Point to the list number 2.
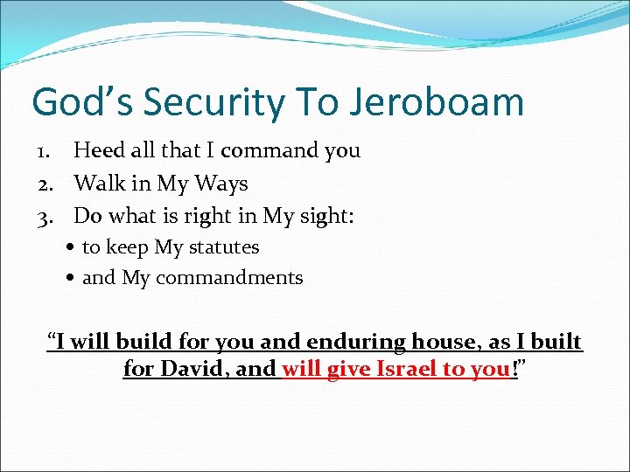[x=45, y=184]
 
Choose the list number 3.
[x=45, y=216]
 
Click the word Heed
[x=98, y=151]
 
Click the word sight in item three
[x=323, y=216]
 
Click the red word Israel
[x=406, y=369]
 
